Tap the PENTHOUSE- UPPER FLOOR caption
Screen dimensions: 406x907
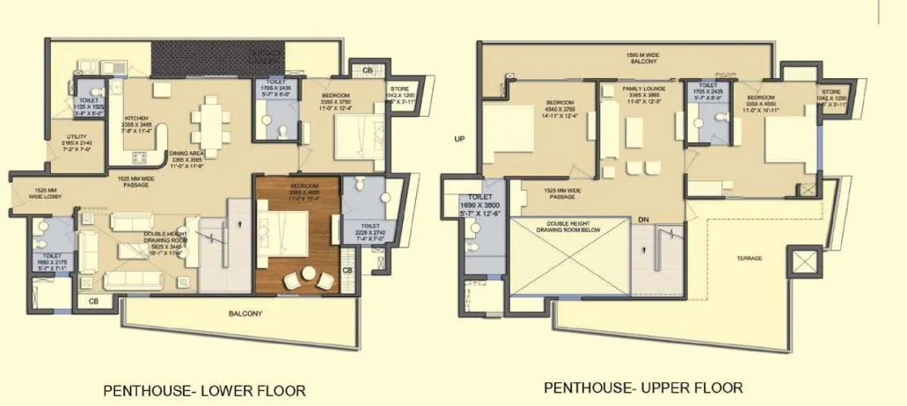643,387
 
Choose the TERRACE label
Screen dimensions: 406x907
750,258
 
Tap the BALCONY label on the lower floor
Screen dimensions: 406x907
245,313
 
